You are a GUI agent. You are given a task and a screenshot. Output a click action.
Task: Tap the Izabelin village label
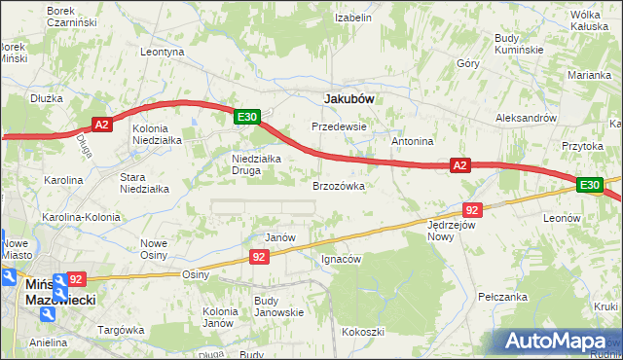click(353, 18)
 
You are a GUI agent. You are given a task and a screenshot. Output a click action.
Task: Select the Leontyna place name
click(163, 52)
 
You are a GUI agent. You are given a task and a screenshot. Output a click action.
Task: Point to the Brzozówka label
click(339, 185)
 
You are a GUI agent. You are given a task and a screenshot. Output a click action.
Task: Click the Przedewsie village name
click(339, 126)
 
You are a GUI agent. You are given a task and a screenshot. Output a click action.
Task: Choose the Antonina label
click(412, 141)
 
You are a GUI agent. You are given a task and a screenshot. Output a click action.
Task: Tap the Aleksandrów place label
click(525, 116)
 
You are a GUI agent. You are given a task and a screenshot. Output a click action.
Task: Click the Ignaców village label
click(342, 260)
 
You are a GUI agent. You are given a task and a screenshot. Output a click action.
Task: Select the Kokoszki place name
click(363, 332)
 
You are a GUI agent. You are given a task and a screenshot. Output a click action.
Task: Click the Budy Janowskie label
click(278, 306)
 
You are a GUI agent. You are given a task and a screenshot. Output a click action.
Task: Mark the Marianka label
click(591, 75)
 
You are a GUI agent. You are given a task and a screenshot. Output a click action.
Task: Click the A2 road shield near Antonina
click(461, 166)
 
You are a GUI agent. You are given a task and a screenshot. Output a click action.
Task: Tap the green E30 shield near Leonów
click(589, 185)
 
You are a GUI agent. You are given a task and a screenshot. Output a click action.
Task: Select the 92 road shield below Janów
click(259, 257)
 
